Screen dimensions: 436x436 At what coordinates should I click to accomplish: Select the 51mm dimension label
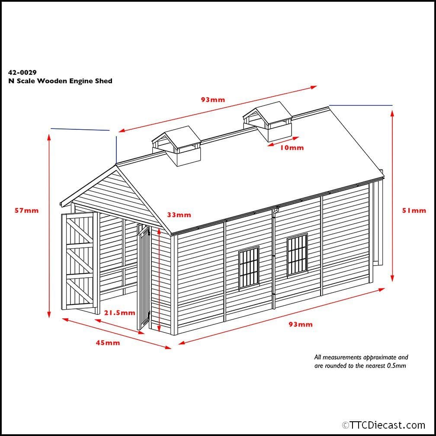[414, 211]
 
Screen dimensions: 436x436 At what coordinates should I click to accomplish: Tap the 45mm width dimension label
[108, 343]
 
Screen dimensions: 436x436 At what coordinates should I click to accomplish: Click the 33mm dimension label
[179, 215]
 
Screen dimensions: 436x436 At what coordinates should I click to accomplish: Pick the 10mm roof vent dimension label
[292, 148]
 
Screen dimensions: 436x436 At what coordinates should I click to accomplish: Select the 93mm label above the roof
[213, 100]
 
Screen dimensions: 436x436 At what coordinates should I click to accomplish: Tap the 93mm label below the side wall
[300, 324]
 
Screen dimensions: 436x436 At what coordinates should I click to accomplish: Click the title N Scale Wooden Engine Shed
[60, 81]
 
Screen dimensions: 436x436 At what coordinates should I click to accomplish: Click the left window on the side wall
[249, 267]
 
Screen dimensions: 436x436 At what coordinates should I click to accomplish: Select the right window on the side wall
[297, 255]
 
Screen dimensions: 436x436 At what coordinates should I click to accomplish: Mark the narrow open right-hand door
[143, 277]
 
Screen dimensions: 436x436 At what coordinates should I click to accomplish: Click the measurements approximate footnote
[361, 361]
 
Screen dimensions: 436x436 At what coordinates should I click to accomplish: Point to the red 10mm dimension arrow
[283, 141]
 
